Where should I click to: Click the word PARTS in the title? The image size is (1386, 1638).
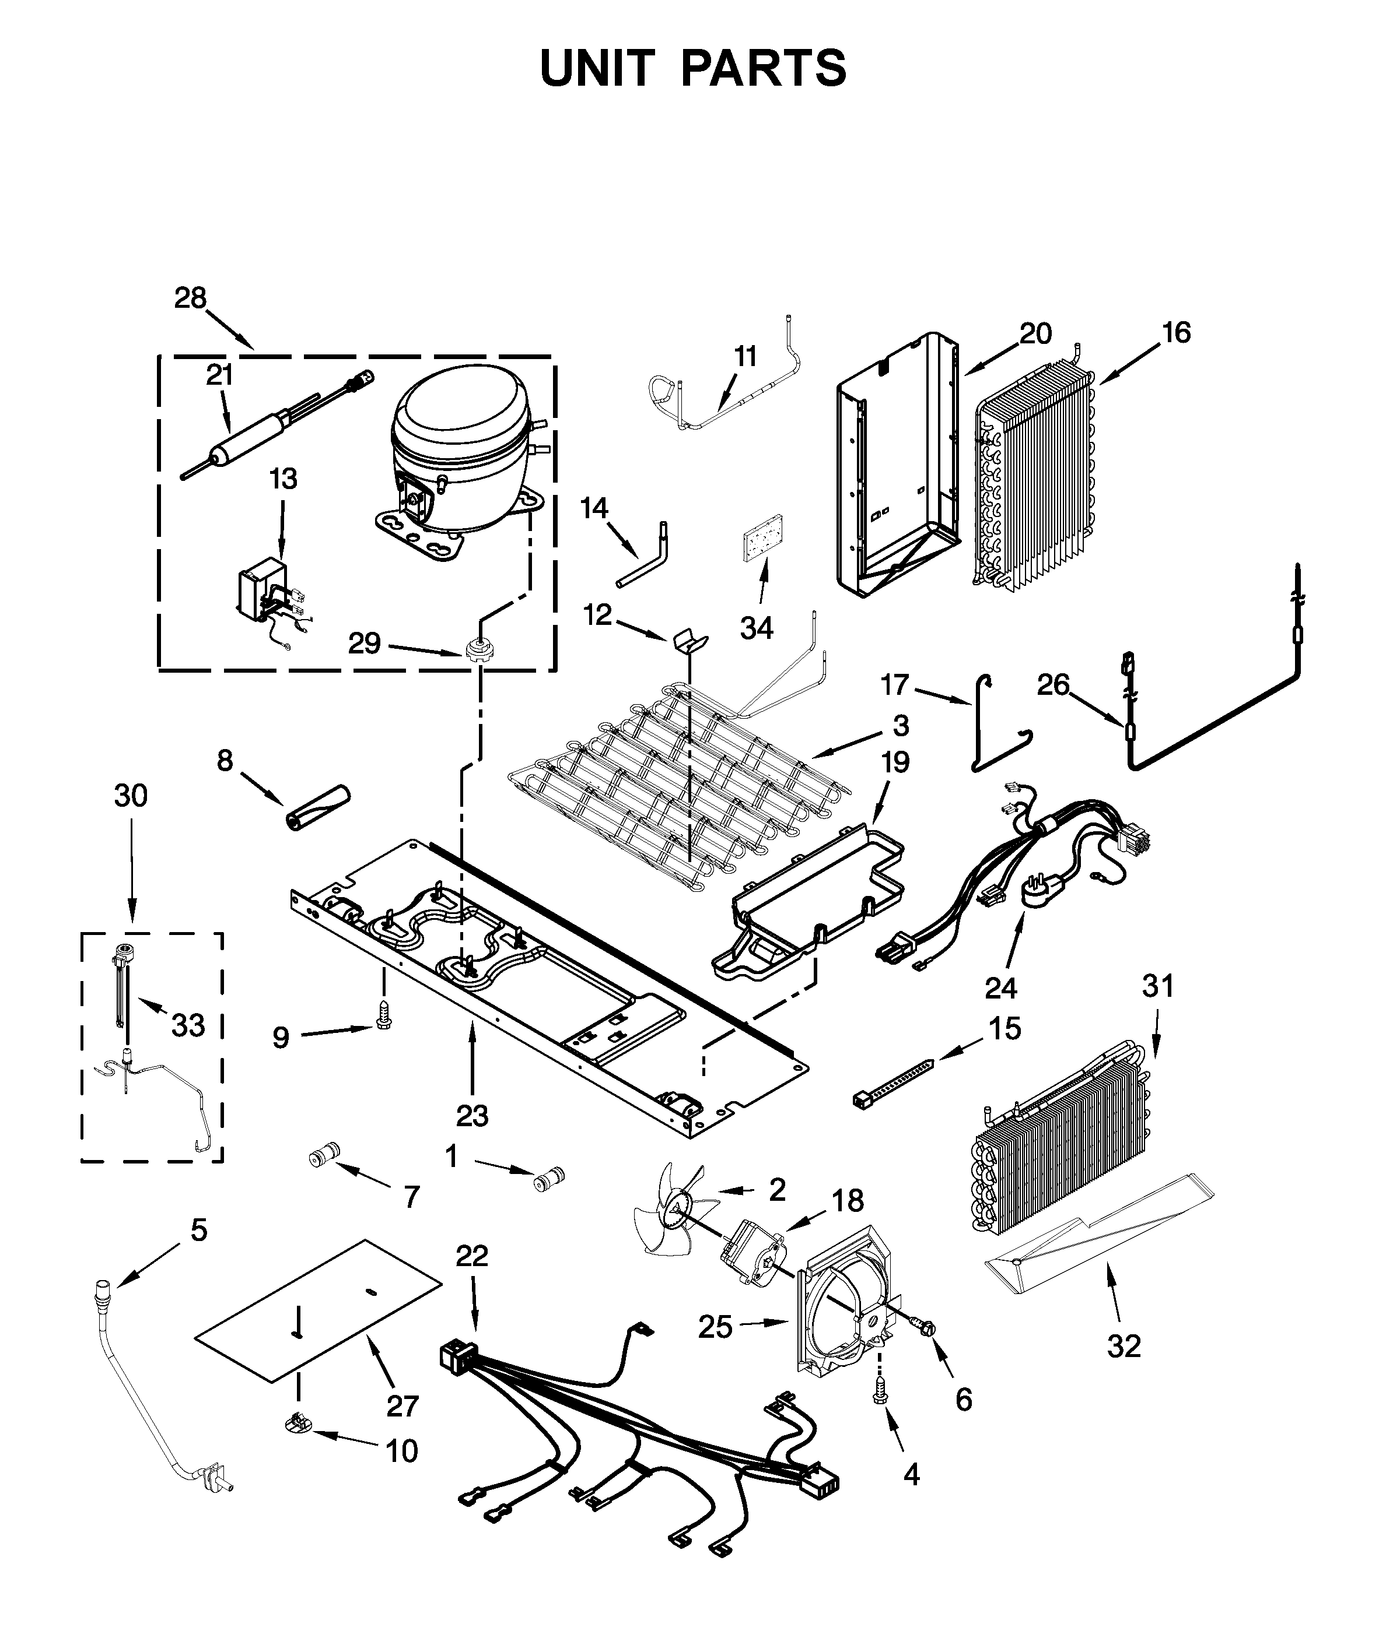[x=763, y=68]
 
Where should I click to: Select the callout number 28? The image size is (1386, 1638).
[x=190, y=298]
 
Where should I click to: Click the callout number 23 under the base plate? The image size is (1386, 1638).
[x=473, y=1115]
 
